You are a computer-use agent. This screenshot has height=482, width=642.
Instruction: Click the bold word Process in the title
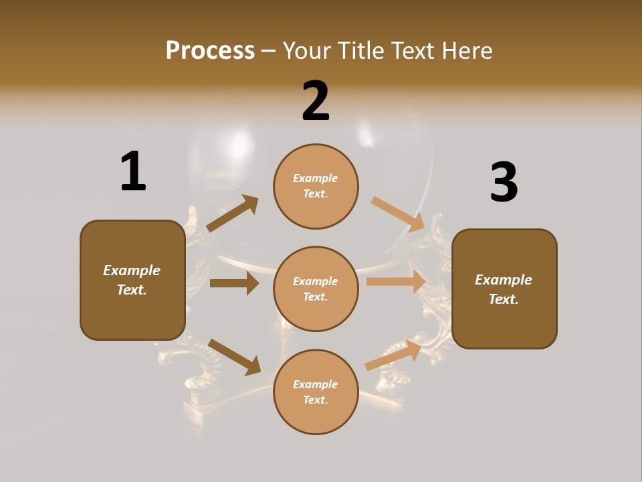(x=210, y=50)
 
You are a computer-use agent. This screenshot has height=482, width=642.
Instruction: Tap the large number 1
(x=132, y=172)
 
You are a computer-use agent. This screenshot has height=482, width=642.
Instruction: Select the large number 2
(x=316, y=101)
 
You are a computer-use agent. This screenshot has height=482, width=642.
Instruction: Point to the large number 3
(x=504, y=183)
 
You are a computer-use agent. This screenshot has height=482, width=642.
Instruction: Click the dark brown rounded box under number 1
(x=132, y=280)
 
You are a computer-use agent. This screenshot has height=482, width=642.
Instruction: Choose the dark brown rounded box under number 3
(x=504, y=289)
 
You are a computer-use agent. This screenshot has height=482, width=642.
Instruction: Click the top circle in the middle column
(x=316, y=186)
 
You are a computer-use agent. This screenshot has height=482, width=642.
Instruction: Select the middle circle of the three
(x=316, y=289)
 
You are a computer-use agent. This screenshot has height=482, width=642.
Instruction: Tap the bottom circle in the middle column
(x=316, y=392)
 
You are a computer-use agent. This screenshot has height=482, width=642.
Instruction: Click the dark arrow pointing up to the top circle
(x=233, y=214)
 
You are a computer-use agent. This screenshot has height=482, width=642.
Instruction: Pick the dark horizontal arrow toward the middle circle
(x=234, y=283)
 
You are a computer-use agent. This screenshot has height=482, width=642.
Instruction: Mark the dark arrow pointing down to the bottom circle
(x=235, y=357)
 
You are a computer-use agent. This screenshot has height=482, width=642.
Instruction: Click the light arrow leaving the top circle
(x=398, y=214)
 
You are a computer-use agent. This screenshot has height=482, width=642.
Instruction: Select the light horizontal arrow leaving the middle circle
(x=397, y=282)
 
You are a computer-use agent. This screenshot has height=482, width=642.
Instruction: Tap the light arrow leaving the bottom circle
(x=394, y=354)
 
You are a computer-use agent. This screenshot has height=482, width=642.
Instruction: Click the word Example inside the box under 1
(x=132, y=270)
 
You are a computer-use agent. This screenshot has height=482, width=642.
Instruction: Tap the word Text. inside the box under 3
(x=504, y=299)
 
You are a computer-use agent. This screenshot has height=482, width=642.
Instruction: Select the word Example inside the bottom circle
(x=316, y=384)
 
